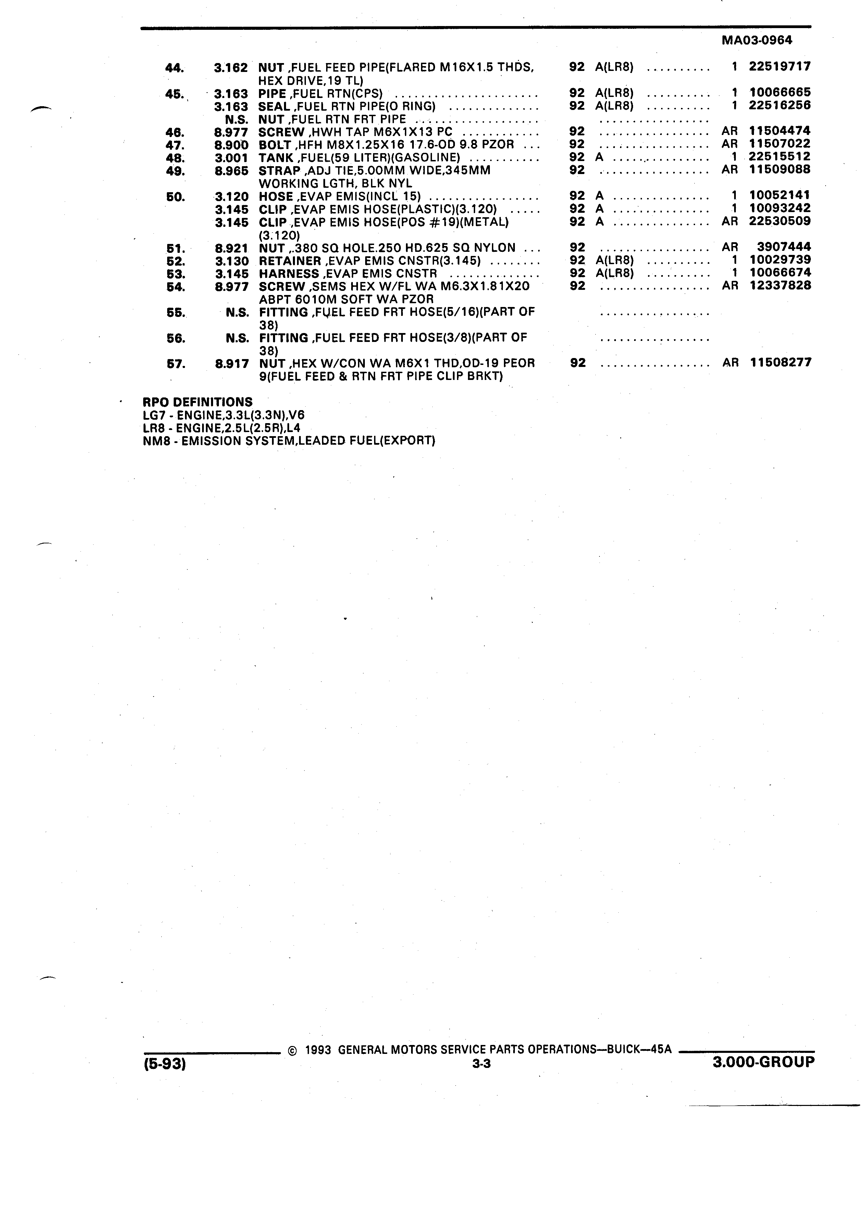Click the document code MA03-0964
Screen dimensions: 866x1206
click(756, 40)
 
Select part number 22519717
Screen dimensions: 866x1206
click(780, 66)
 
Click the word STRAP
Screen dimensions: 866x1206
click(280, 171)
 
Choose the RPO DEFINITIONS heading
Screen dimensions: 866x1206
click(197, 402)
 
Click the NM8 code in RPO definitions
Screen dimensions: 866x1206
click(153, 441)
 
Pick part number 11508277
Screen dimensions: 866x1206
click(781, 362)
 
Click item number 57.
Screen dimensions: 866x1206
click(176, 364)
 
